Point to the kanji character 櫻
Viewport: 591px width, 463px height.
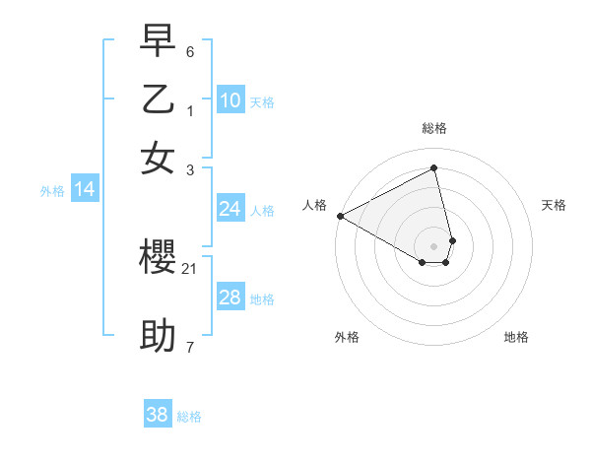pos(158,259)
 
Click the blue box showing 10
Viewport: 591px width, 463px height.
pos(230,100)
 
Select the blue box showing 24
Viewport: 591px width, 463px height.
pos(230,209)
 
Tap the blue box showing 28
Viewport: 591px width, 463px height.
pos(230,298)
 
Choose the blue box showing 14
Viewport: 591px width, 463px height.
pos(85,190)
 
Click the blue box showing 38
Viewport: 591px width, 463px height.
pos(158,415)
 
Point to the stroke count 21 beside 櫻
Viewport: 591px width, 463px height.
pos(190,268)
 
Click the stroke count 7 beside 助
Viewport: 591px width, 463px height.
pos(190,346)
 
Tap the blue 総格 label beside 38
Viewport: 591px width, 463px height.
pos(189,417)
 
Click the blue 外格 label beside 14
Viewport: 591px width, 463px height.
pos(52,192)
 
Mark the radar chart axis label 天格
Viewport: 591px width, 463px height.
pos(555,205)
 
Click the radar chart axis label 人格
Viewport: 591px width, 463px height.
pos(314,205)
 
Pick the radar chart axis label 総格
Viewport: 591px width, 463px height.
pos(434,128)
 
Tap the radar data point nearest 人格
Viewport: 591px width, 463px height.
pos(340,215)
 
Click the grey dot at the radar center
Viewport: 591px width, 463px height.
pos(434,245)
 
